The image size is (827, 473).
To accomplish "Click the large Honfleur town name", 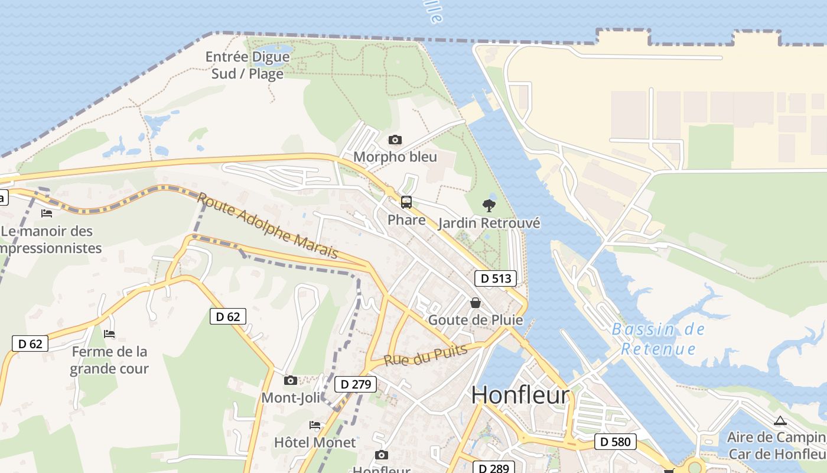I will pos(520,395).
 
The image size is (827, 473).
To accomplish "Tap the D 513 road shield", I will pos(495,278).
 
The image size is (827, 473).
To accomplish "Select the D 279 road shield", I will pos(356,384).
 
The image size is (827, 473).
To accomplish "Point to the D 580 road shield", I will pos(615,441).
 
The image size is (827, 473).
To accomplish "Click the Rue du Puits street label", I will pos(425,354).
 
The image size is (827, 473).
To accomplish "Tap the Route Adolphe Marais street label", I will pos(267,225).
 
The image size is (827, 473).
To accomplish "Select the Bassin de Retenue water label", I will pos(658,339).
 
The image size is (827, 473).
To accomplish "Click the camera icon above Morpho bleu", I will pos(395,140).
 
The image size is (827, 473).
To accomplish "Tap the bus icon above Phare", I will pos(406,202).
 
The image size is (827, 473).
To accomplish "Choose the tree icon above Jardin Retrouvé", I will pos(489,206).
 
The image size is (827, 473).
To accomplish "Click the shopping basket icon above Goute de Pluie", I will pos(475,303).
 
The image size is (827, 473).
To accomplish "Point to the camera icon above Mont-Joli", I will pos(290,380).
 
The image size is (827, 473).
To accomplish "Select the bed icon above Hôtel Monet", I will pos(315,425).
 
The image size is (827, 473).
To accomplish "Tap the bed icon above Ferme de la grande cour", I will pos(109,334).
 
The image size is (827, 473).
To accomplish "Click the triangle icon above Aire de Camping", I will pos(780,421).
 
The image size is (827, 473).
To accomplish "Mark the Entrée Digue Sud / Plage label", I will pos(248,65).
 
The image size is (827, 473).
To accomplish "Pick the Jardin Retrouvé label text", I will pos(489,223).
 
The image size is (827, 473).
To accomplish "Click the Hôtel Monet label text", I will pos(315,442).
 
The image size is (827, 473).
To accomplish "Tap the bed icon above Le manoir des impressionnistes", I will pos(47,213).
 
